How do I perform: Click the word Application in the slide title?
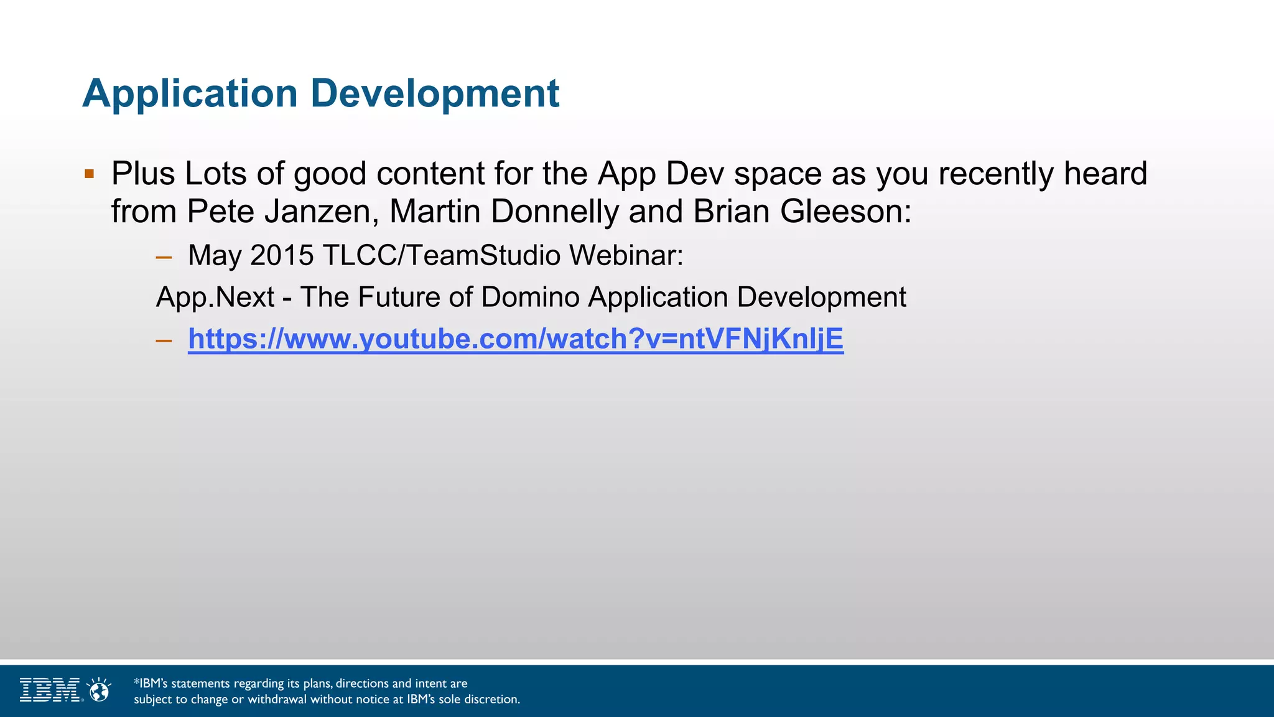tap(190, 94)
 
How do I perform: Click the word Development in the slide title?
tap(435, 94)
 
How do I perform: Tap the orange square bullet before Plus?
tap(89, 174)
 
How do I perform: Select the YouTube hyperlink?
tap(515, 339)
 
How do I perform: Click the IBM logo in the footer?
tap(50, 690)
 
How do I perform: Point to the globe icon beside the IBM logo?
tap(99, 690)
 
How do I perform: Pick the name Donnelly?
tap(554, 212)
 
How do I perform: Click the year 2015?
tap(282, 255)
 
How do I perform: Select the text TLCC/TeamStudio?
tap(442, 255)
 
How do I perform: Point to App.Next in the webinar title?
tap(215, 298)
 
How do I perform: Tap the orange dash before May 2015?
tap(164, 256)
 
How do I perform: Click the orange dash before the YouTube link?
tap(164, 340)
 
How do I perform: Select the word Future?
tap(399, 298)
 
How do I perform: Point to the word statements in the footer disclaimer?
tap(200, 683)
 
